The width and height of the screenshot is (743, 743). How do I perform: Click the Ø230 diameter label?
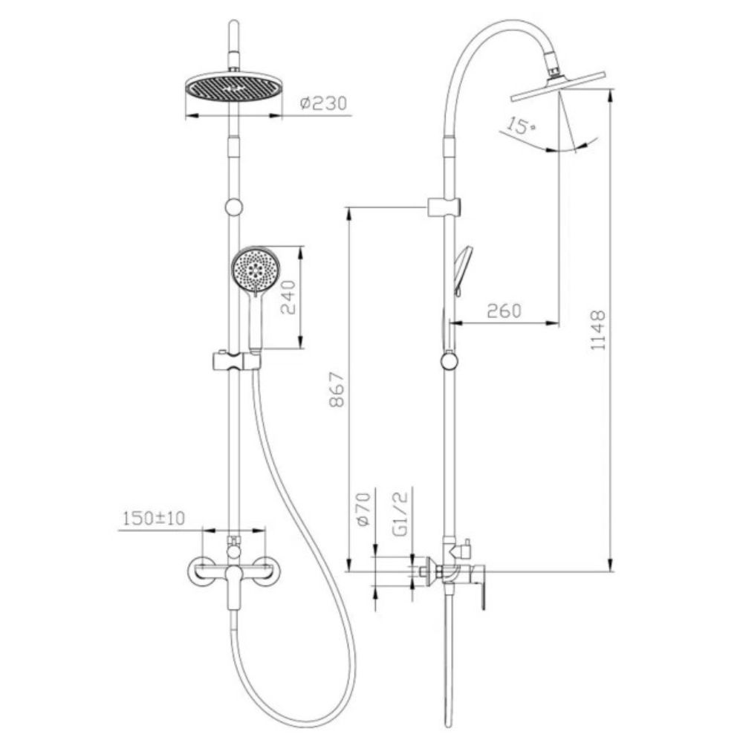pyautogui.click(x=324, y=103)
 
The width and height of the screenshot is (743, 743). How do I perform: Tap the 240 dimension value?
pyautogui.click(x=288, y=298)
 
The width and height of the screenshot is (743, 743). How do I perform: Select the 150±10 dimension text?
pyautogui.click(x=154, y=519)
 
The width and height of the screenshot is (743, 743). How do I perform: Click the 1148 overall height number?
pyautogui.click(x=598, y=330)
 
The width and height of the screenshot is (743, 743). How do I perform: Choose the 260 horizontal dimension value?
pyautogui.click(x=504, y=311)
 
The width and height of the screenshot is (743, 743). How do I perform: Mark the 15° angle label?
pyautogui.click(x=520, y=126)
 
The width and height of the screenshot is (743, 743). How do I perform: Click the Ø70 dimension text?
pyautogui.click(x=363, y=509)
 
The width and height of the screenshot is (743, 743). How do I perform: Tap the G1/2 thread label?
pyautogui.click(x=400, y=513)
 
